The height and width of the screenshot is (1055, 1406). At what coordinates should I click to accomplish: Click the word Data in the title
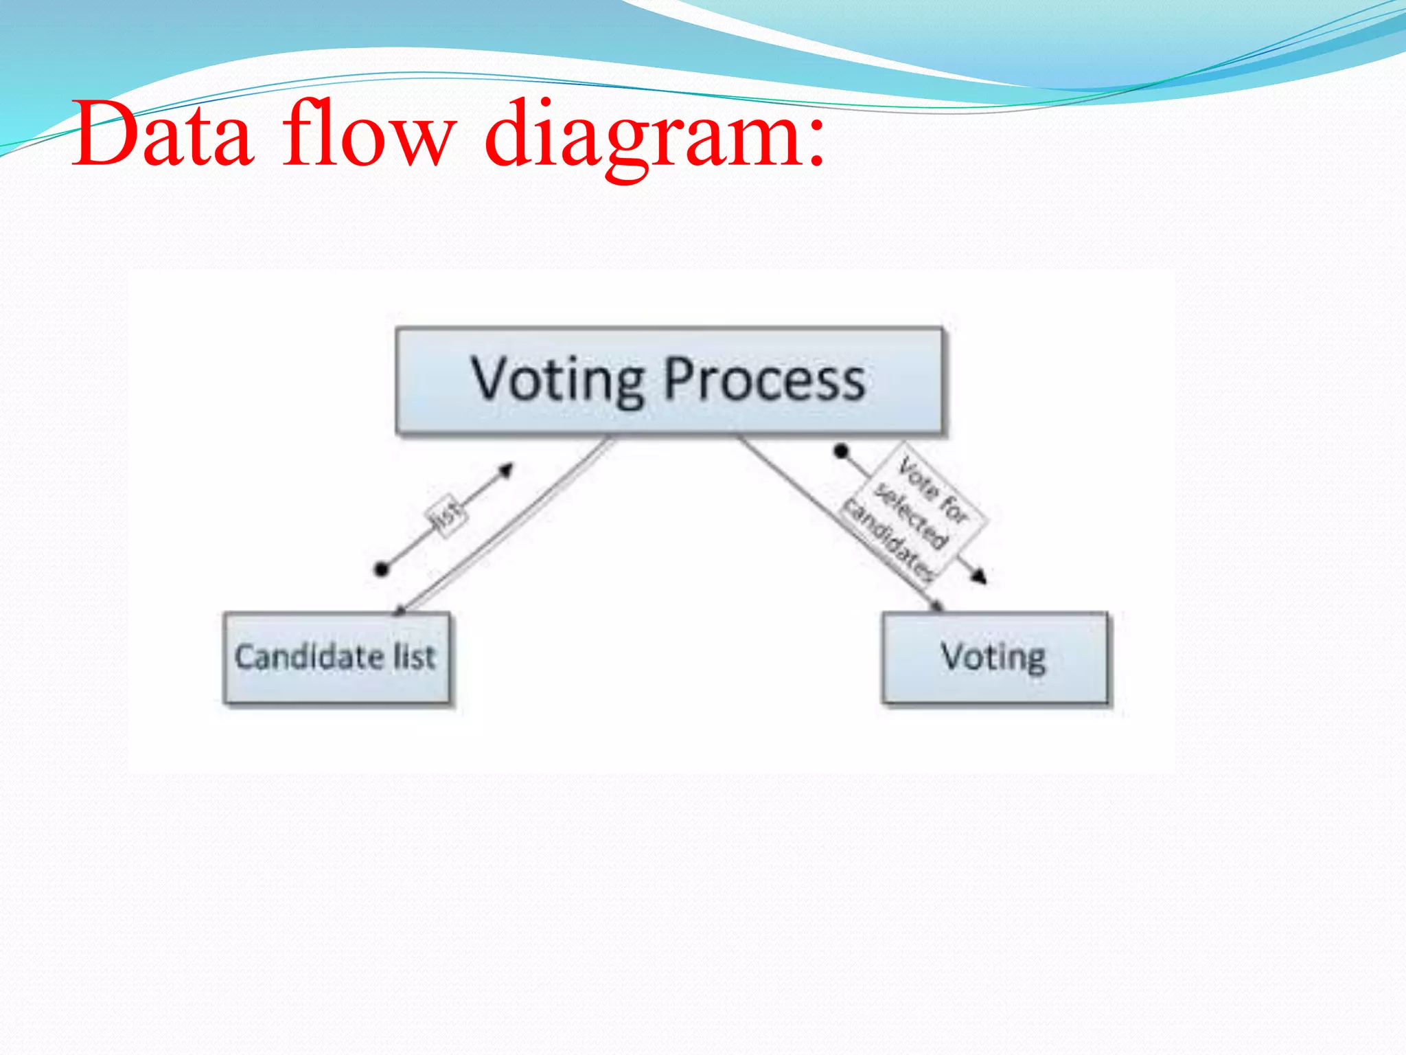point(163,134)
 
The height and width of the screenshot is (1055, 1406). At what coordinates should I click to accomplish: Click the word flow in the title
point(368,134)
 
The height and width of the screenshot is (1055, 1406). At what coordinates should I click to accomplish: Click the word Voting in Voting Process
point(557,379)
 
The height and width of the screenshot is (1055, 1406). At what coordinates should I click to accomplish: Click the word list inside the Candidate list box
point(414,657)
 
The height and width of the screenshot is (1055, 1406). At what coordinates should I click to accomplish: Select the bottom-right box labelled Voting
point(994,658)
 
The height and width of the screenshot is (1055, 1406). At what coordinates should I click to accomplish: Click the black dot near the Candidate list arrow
point(382,569)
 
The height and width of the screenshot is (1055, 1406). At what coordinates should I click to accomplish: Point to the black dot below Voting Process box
point(841,451)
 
